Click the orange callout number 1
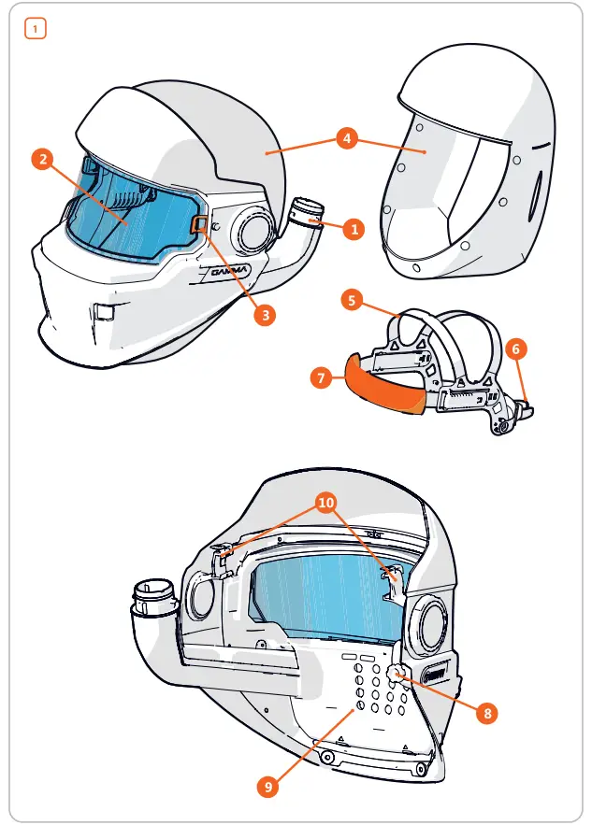point(352,228)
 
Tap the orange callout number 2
point(41,158)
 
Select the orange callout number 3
point(266,315)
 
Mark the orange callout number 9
point(267,787)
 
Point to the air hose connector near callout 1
point(305,214)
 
